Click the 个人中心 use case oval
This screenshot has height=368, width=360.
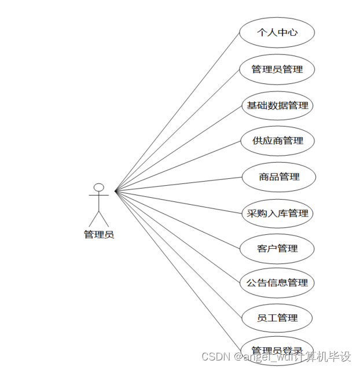click(277, 32)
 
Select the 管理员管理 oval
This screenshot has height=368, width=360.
click(277, 69)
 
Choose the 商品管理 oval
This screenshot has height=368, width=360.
click(278, 176)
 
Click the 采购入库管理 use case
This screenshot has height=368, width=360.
click(277, 213)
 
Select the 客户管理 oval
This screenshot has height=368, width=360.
click(277, 248)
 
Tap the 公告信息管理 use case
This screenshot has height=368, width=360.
click(277, 283)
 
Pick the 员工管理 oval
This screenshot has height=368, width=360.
click(277, 318)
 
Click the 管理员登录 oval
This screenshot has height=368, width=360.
click(277, 349)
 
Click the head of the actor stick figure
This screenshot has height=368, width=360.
click(99, 187)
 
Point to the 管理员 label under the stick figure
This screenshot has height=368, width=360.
click(99, 235)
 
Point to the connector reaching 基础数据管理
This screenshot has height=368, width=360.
click(177, 148)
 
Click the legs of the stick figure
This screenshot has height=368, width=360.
click(99, 218)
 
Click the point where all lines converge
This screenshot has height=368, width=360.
click(115, 190)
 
